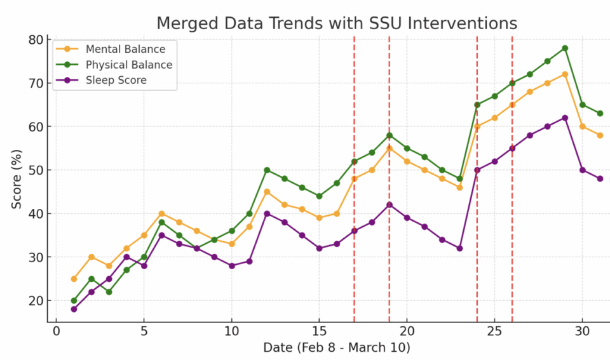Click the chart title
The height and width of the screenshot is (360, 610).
click(x=337, y=23)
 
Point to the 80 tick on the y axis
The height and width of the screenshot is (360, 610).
click(x=36, y=40)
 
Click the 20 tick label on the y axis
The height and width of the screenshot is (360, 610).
click(x=36, y=300)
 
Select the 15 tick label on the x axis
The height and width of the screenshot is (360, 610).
click(x=319, y=331)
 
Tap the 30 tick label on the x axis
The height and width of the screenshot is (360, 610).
click(x=582, y=331)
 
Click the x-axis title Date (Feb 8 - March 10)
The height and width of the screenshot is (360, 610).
click(x=337, y=348)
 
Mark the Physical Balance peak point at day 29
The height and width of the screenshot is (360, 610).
click(x=565, y=48)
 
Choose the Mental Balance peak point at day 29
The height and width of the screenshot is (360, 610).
click(x=565, y=74)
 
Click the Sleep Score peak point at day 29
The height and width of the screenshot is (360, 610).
click(x=565, y=117)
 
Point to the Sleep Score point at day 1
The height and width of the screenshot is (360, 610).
click(x=74, y=309)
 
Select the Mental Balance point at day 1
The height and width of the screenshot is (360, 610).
click(x=74, y=279)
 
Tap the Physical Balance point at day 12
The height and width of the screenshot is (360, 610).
click(x=267, y=170)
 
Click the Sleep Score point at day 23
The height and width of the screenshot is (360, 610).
click(x=459, y=248)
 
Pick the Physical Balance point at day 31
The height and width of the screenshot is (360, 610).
click(x=600, y=114)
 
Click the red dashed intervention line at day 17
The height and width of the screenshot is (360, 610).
click(x=354, y=190)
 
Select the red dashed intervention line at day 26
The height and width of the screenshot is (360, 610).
click(x=512, y=190)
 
